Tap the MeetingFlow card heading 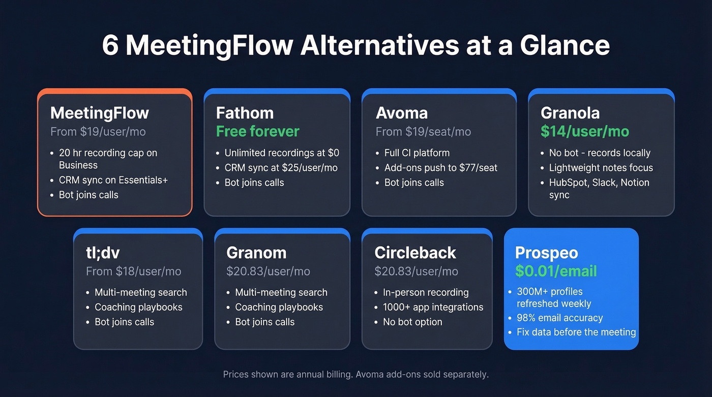pyautogui.click(x=99, y=113)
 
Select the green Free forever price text pyautogui.click(x=257, y=132)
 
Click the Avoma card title pyautogui.click(x=402, y=113)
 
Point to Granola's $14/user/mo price pyautogui.click(x=585, y=132)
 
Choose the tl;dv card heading pyautogui.click(x=103, y=253)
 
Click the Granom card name pyautogui.click(x=256, y=253)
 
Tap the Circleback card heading pyautogui.click(x=415, y=253)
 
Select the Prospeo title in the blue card pyautogui.click(x=547, y=253)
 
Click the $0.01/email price pyautogui.click(x=556, y=271)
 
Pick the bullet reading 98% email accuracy pyautogui.click(x=559, y=318)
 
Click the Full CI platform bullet pyautogui.click(x=417, y=153)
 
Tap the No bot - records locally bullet pyautogui.click(x=600, y=153)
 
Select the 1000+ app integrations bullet pyautogui.click(x=433, y=307)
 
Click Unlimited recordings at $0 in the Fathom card pyautogui.click(x=282, y=153)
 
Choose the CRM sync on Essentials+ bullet pyautogui.click(x=113, y=180)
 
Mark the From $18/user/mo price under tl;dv pyautogui.click(x=133, y=271)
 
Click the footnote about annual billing pyautogui.click(x=355, y=375)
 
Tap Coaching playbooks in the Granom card pyautogui.click(x=279, y=307)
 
